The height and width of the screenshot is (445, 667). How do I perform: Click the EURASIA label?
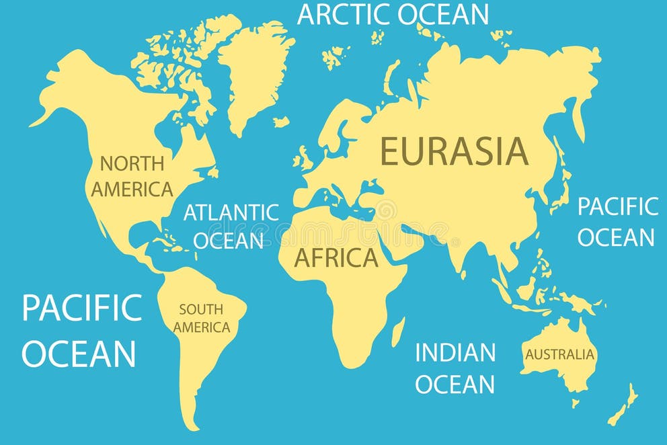pyautogui.click(x=454, y=151)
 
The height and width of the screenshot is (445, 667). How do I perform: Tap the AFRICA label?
pyautogui.click(x=336, y=257)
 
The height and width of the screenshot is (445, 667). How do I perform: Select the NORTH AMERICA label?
pyautogui.click(x=132, y=176)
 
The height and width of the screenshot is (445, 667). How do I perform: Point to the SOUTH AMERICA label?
pyautogui.click(x=201, y=319)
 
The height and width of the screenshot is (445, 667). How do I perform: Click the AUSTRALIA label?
pyautogui.click(x=560, y=354)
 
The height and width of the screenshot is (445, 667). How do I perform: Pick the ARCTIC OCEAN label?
pyautogui.click(x=393, y=14)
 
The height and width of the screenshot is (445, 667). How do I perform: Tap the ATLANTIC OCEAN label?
pyautogui.click(x=231, y=226)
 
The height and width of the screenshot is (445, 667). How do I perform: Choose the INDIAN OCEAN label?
pyautogui.click(x=455, y=368)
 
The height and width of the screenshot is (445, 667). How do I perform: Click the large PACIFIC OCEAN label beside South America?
pyautogui.click(x=81, y=330)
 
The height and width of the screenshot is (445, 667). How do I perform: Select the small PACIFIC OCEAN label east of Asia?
pyautogui.click(x=617, y=222)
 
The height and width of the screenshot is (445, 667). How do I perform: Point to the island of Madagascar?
pyautogui.click(x=398, y=331)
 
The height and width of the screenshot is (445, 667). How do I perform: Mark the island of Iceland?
pyautogui.click(x=281, y=122)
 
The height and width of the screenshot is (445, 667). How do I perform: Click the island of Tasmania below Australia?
pyautogui.click(x=576, y=403)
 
